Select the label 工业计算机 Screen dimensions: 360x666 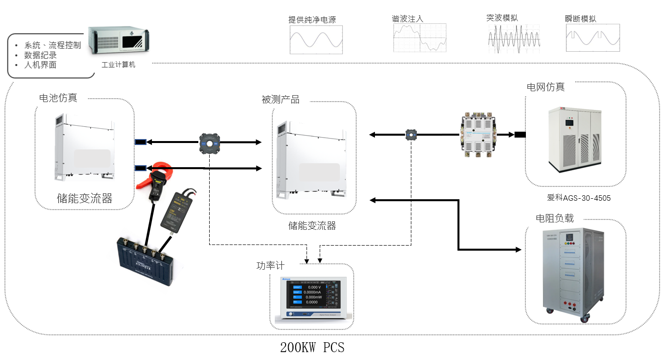point(118,65)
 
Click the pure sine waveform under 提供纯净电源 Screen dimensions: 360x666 point(316,39)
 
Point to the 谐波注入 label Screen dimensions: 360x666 point(407,19)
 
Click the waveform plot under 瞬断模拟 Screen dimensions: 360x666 point(592,38)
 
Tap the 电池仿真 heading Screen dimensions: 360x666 point(58,98)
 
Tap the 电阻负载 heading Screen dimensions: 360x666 point(555,218)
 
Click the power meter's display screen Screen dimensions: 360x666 point(311,295)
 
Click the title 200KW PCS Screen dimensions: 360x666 point(312,348)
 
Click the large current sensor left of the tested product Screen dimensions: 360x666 point(209,143)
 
